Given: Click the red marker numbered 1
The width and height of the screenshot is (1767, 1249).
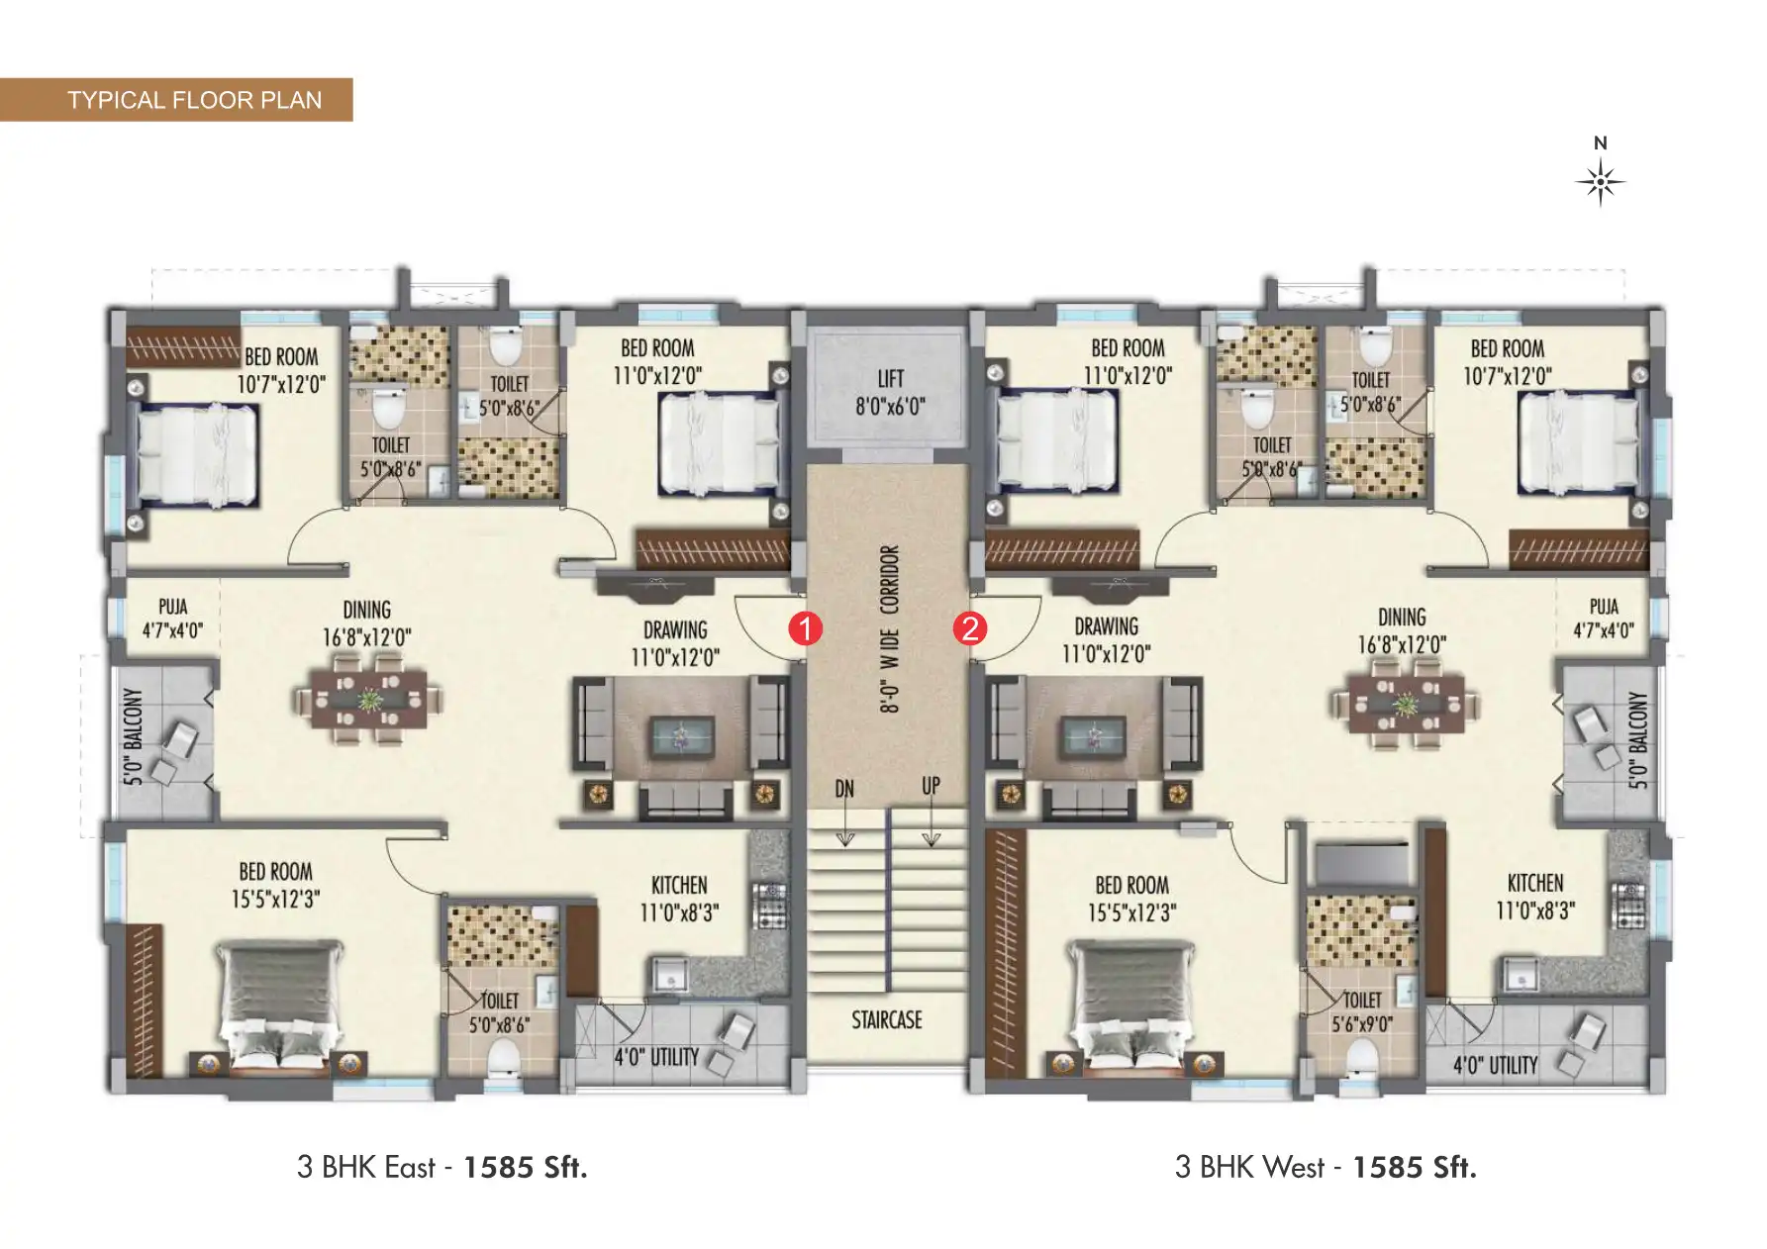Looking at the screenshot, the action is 805,628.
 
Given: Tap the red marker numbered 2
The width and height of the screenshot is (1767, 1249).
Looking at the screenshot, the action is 969,628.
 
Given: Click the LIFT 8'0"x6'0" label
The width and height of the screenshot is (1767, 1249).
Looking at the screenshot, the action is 890,392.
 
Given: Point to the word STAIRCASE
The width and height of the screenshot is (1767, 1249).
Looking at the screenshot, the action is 887,1020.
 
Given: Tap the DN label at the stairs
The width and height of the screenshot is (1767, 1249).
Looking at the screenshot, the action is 844,789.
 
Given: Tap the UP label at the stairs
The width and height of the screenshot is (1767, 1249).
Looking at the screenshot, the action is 931,786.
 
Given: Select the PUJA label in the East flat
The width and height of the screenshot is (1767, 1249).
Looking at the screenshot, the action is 172,607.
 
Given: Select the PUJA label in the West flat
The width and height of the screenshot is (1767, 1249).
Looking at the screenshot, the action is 1604,607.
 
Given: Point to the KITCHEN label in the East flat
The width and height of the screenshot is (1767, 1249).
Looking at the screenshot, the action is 679,885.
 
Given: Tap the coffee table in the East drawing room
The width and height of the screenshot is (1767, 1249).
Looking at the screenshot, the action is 680,736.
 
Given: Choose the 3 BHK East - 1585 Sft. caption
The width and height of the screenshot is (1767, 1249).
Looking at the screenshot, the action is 442,1168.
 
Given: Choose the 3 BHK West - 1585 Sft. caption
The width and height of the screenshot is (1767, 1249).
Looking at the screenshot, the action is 1325,1168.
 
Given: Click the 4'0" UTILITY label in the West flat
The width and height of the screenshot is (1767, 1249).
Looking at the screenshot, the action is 1495,1065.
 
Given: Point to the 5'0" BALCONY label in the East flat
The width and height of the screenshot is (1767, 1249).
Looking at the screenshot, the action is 134,736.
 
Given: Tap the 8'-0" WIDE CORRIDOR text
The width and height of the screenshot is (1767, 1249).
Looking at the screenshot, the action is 889,628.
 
